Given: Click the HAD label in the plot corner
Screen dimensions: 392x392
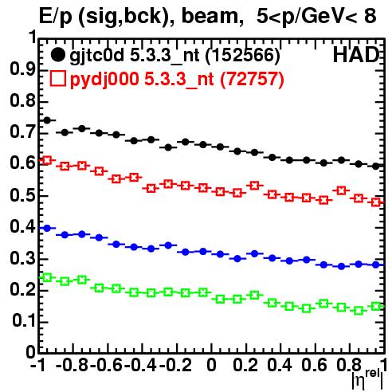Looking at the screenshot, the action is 356,55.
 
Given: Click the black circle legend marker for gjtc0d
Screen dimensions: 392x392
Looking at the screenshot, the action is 58,55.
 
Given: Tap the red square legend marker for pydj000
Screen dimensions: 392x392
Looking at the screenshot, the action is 57,79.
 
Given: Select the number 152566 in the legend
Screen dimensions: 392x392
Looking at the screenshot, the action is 242,55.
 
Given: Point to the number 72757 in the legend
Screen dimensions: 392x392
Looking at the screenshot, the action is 252,79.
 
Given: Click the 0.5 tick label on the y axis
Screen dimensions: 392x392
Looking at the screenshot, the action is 22,195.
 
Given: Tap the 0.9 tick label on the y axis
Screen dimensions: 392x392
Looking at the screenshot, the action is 22,69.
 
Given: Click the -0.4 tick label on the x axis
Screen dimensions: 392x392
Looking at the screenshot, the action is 141,365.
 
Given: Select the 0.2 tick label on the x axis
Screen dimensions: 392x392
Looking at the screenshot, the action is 245,365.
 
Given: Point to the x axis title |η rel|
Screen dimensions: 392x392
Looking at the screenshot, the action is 368,379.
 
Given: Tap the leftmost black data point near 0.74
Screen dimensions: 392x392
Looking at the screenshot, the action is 47,120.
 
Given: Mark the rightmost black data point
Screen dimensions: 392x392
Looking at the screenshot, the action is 375,167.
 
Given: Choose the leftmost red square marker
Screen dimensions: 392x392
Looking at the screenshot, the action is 47,160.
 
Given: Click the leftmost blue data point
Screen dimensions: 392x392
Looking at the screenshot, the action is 47,228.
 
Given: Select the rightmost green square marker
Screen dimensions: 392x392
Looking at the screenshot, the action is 375,306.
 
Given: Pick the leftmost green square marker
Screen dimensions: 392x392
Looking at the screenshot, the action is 47,278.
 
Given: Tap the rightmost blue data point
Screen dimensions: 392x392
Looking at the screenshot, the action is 375,265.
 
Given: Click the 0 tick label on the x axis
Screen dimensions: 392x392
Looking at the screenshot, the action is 211,365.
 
